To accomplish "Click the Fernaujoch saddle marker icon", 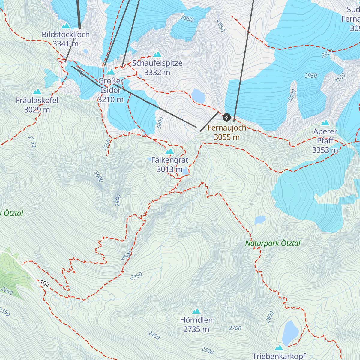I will (x=227, y=117).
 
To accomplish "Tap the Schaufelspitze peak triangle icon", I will (x=157, y=55).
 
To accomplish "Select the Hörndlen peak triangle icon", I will (x=196, y=311).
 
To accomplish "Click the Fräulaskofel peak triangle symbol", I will (x=37, y=91).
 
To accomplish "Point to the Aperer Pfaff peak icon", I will (x=325, y=123).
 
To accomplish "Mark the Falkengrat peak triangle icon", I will (x=170, y=151).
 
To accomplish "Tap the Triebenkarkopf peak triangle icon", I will (x=279, y=348).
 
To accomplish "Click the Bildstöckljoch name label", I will (x=66, y=34).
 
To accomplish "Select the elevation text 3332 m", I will (x=157, y=73).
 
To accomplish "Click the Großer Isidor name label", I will (x=111, y=85).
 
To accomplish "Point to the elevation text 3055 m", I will (x=227, y=137).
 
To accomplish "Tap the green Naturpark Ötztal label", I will (x=273, y=243).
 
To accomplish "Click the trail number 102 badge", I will (x=44, y=283).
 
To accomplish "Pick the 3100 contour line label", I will (x=340, y=79).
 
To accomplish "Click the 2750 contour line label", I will (x=32, y=142).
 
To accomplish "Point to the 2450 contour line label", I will (x=154, y=335).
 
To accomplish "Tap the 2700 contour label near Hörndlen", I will (x=235, y=328).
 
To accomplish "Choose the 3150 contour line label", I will (x=106, y=145).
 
